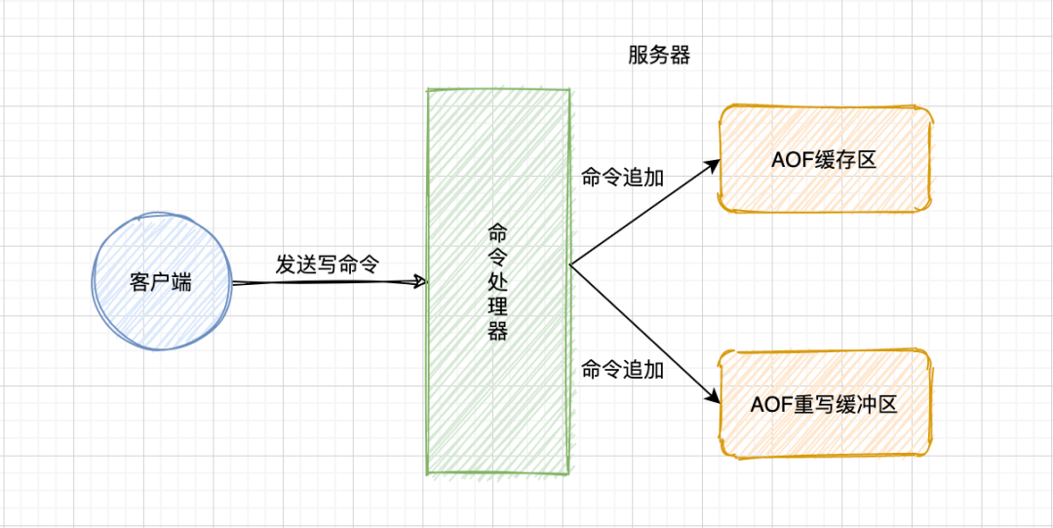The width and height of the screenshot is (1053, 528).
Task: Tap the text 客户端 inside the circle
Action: [162, 283]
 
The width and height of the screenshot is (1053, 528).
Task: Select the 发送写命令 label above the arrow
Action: [327, 264]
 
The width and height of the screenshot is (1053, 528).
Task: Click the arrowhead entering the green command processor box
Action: [421, 282]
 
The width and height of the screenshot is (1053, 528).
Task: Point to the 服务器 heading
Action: [659, 56]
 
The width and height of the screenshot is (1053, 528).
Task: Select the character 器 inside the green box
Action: [497, 331]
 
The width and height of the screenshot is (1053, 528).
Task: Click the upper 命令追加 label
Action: [623, 178]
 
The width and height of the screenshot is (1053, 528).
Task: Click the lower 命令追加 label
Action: [623, 370]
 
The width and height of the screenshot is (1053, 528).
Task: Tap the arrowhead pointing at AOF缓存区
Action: [714, 166]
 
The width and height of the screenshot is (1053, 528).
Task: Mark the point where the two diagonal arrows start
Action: [570, 264]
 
